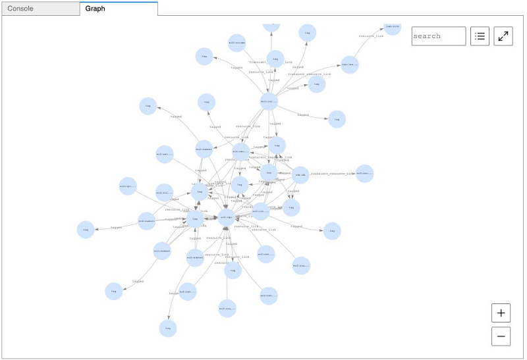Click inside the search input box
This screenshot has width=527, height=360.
point(438,36)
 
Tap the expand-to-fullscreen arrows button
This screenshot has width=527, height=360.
point(503,36)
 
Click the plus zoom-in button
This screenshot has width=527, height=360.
point(501,313)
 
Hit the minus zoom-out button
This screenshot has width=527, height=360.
point(501,336)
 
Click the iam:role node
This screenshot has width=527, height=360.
point(392,26)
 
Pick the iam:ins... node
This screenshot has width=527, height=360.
point(349,64)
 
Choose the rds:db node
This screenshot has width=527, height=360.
point(300,175)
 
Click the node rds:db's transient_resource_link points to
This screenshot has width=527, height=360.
point(364,174)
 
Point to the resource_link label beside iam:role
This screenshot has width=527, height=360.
point(371,36)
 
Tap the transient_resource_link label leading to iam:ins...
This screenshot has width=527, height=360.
point(310,74)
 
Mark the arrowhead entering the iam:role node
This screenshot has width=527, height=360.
point(382,28)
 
